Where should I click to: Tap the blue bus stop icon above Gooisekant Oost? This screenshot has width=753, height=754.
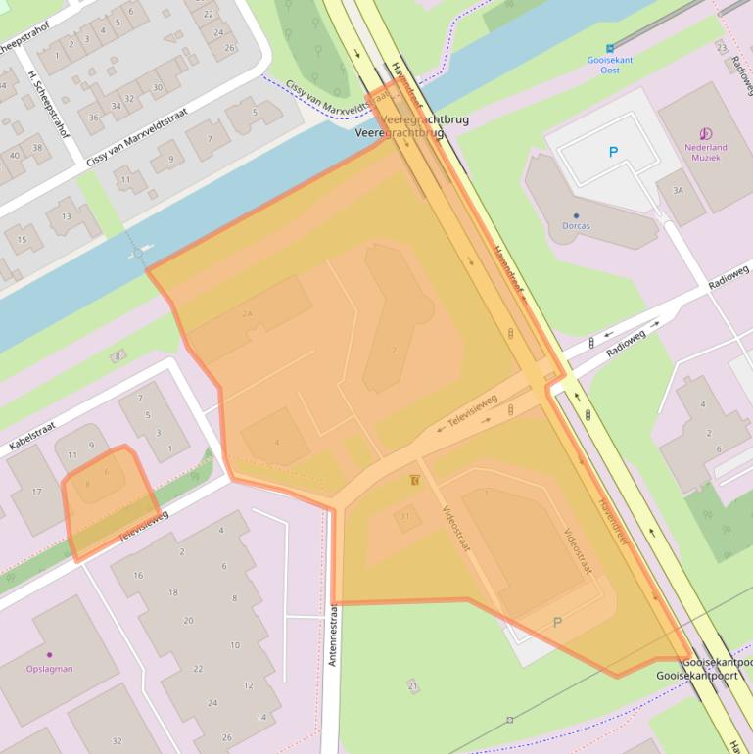click(610, 46)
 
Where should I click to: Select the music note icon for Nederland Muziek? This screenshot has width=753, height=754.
click(705, 134)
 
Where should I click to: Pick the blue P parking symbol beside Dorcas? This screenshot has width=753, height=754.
click(614, 152)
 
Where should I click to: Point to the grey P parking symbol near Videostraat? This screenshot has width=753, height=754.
click(558, 622)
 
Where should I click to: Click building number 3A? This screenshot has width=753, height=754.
click(678, 190)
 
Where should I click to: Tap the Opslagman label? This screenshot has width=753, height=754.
click(49, 669)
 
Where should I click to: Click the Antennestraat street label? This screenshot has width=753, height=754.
click(333, 636)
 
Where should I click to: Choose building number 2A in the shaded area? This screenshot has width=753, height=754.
click(247, 313)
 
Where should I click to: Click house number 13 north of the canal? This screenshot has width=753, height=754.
click(66, 216)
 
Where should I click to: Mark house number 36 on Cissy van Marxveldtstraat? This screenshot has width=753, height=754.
click(94, 118)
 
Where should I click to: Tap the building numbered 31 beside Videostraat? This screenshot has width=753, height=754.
click(403, 516)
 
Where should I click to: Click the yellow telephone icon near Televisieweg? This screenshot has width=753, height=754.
click(416, 481)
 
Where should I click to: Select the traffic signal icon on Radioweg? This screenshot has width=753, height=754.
click(590, 343)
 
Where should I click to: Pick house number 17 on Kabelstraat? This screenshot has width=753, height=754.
click(37, 492)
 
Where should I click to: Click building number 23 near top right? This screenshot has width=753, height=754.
click(722, 47)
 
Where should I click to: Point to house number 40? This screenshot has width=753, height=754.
click(14, 156)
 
